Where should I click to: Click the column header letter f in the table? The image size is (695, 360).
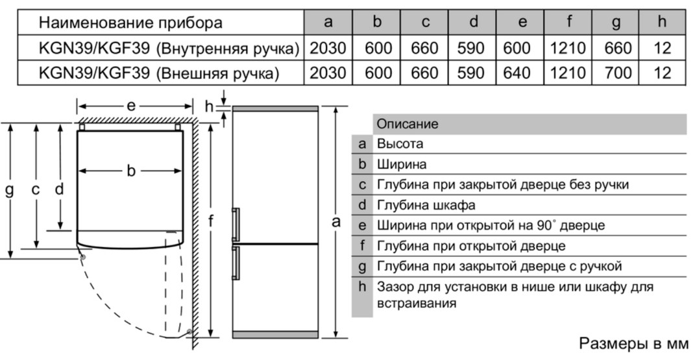click(x=569, y=21)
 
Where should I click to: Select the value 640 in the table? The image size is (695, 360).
click(x=517, y=73)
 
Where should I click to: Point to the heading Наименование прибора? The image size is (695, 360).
click(x=130, y=23)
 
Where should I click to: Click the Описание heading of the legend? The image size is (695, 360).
click(x=408, y=124)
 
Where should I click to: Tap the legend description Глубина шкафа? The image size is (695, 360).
click(x=426, y=206)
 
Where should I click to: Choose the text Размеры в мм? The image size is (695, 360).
click(x=634, y=343)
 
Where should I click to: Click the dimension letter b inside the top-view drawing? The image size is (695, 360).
click(x=130, y=171)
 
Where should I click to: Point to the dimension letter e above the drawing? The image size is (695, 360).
click(x=131, y=106)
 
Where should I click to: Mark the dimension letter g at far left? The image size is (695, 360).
click(x=9, y=191)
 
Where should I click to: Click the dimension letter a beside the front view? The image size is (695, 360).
click(x=336, y=221)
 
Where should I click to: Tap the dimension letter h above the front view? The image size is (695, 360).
click(x=209, y=106)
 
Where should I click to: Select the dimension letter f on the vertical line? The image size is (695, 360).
click(x=211, y=221)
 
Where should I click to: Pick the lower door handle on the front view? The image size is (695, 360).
click(x=236, y=263)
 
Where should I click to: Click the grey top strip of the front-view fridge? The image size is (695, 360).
click(x=275, y=108)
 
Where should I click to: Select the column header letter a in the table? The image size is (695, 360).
click(x=328, y=22)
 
